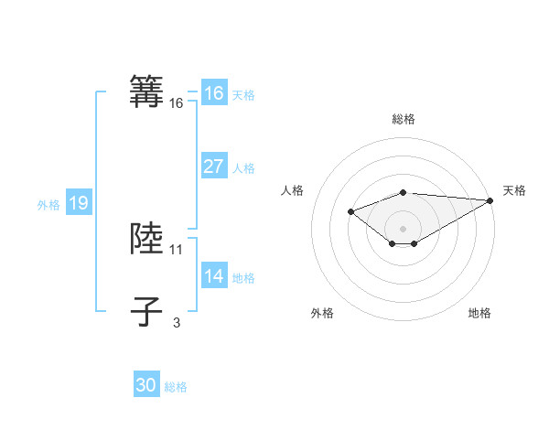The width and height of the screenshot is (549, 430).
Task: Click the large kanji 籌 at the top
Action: point(147,92)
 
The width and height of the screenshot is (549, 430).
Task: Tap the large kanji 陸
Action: point(147,238)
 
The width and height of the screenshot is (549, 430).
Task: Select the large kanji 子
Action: point(147,311)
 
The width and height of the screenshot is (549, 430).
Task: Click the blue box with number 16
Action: point(213,93)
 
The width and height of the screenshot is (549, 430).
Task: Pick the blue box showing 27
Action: point(213,167)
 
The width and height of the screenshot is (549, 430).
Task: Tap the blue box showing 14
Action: point(213,276)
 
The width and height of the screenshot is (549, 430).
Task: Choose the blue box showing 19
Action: point(78,203)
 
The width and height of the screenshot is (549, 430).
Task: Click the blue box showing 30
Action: point(145,385)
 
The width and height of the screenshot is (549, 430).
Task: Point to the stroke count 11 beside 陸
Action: point(177,249)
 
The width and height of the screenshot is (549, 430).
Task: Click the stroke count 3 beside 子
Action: point(177,322)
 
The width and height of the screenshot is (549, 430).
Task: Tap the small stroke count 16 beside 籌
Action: point(177,104)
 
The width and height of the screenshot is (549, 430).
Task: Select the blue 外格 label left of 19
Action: point(48,205)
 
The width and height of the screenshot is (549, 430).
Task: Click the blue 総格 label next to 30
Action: point(176,387)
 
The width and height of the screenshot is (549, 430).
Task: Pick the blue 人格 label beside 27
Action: point(243,168)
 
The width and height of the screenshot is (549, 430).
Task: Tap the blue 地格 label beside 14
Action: point(243,278)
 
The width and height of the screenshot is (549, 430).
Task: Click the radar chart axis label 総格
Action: point(403,119)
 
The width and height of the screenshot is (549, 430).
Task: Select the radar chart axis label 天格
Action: point(514,190)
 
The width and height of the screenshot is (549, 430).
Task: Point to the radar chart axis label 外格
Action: point(322,313)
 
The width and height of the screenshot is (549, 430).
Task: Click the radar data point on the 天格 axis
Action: point(490,200)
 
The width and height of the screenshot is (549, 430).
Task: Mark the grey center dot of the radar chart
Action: point(403,228)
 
